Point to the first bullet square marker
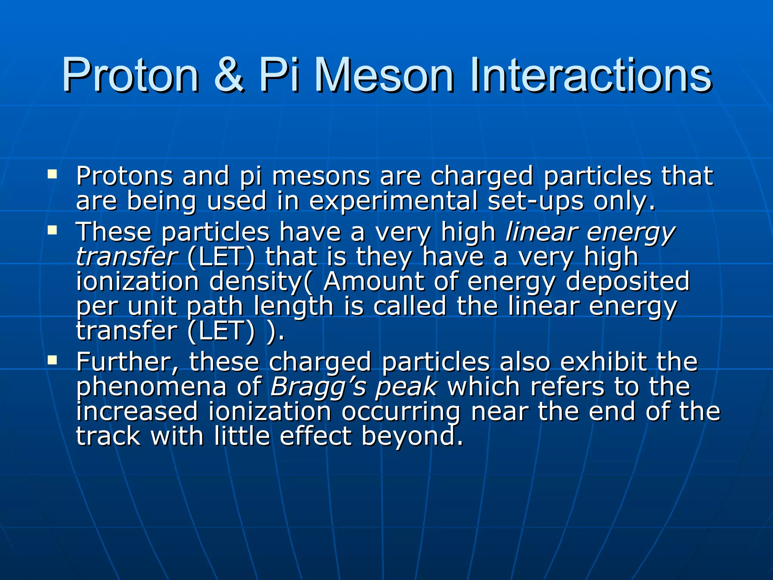(x=52, y=174)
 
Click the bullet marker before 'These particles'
(x=52, y=230)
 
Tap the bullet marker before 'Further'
(x=52, y=360)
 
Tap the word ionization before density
(x=137, y=282)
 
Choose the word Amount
(x=374, y=282)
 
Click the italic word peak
(x=407, y=387)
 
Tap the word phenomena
(x=151, y=387)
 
